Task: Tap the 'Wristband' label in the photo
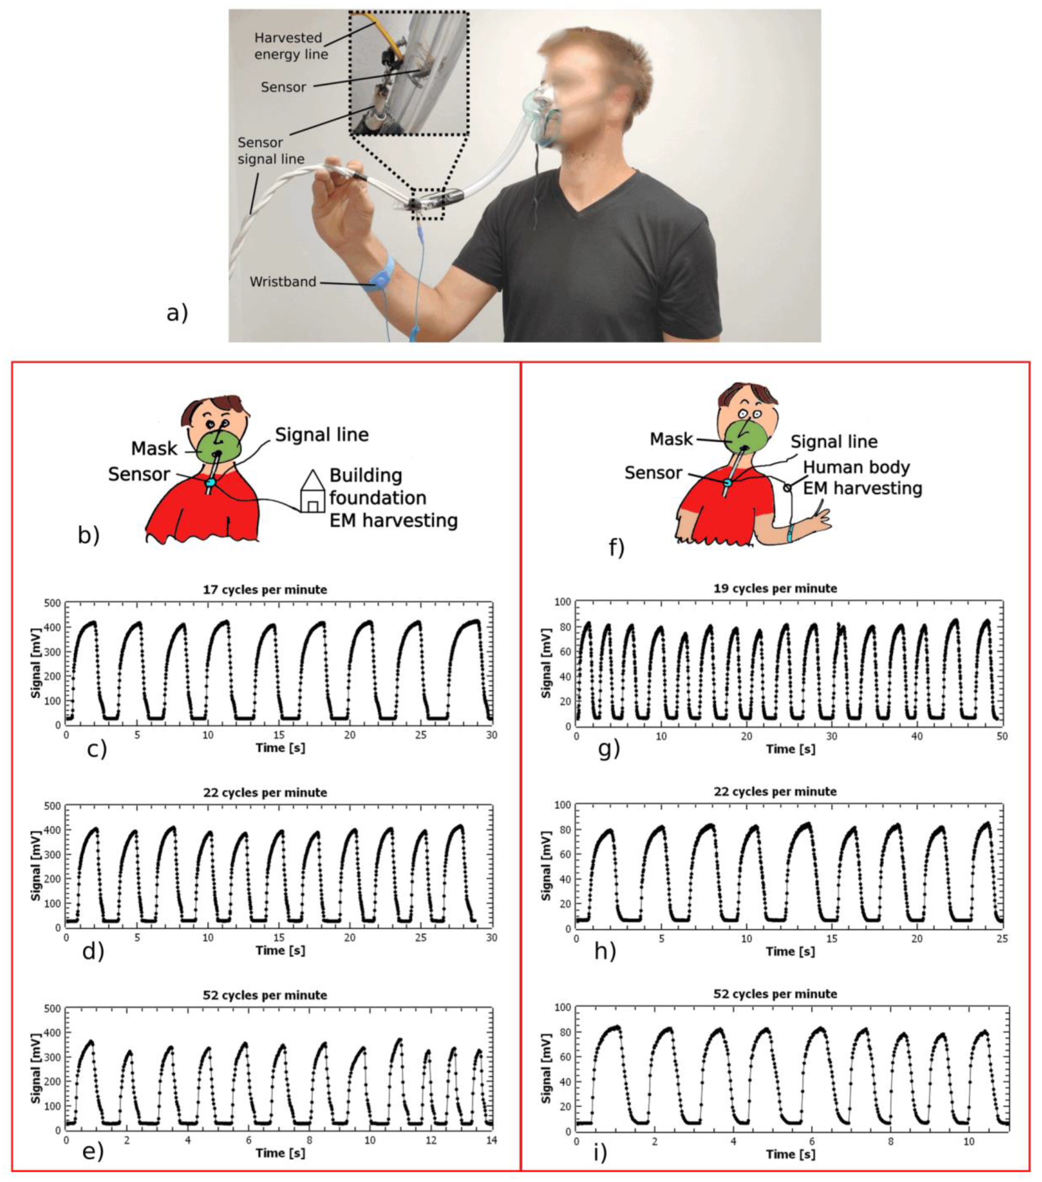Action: (283, 282)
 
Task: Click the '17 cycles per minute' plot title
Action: (265, 590)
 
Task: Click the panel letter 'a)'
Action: (177, 314)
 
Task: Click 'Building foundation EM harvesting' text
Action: (393, 498)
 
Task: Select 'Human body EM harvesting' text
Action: (863, 478)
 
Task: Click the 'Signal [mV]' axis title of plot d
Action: (36, 866)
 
